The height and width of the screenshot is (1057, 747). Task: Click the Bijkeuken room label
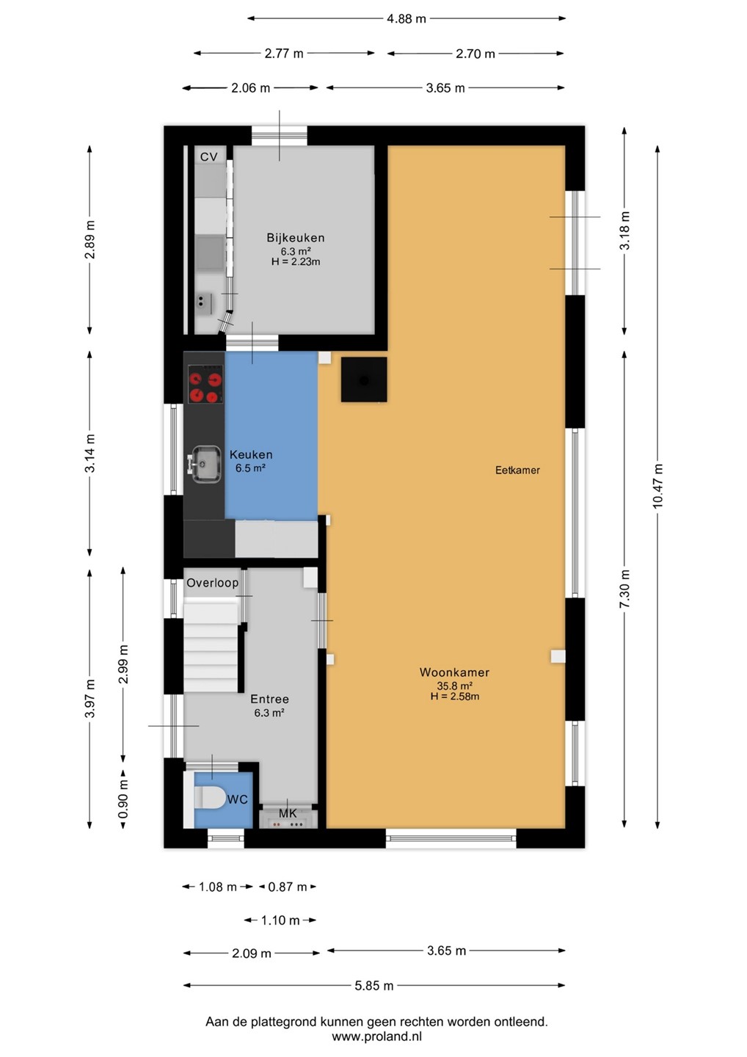[x=295, y=237]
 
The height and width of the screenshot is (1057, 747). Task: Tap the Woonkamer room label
[x=454, y=672]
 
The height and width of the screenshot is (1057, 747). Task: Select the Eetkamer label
[x=517, y=470]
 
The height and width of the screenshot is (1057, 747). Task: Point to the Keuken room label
[x=251, y=454]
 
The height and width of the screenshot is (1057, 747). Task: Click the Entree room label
[x=269, y=699]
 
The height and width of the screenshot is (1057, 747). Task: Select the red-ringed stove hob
[x=205, y=384]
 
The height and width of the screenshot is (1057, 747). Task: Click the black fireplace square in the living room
[x=364, y=379]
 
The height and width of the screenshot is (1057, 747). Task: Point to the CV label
[x=209, y=156]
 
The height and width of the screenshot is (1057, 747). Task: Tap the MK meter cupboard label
[x=288, y=813]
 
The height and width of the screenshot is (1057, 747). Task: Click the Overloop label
[x=212, y=583]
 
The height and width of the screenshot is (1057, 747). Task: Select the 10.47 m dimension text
[x=657, y=486]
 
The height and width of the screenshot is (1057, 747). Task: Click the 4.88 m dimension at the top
[x=406, y=18]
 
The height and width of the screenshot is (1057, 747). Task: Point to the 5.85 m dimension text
[x=374, y=985]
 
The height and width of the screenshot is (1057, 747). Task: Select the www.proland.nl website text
[x=376, y=1036]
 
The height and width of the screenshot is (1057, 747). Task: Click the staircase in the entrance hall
[x=211, y=645]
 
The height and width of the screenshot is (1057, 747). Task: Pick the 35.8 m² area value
[x=455, y=686]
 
